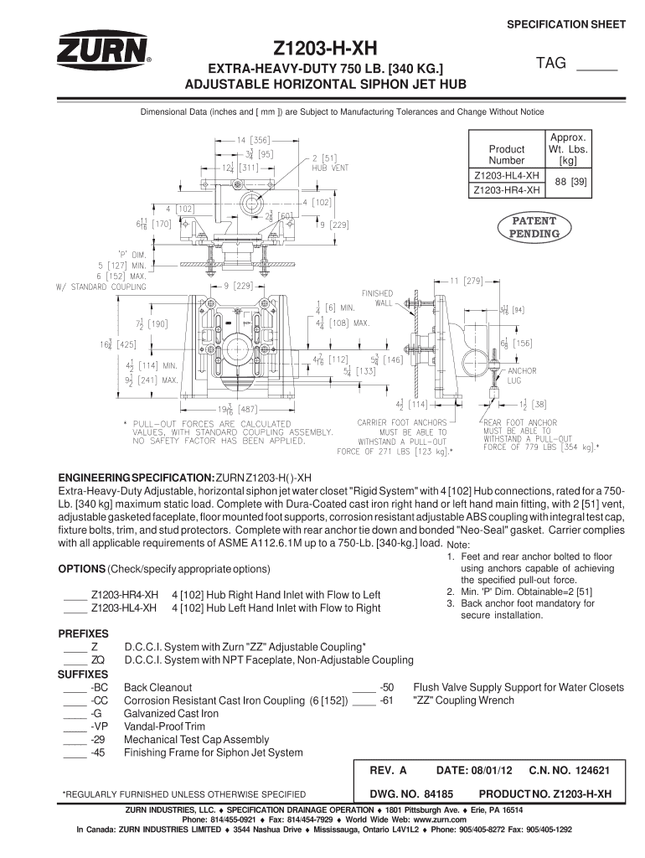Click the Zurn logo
coord(103,50)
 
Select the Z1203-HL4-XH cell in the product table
coord(506,176)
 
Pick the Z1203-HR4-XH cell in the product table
coord(506,191)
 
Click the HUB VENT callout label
coord(330,167)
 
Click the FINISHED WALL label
coord(376,298)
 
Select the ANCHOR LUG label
coord(522,375)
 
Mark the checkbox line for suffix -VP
coord(75,726)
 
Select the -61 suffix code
coord(387,700)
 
